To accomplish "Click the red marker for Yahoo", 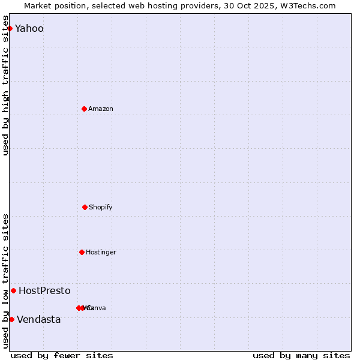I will coord(10,28).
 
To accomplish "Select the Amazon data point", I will coord(84,109).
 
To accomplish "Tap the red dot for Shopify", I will coord(85,207).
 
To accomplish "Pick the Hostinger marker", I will coord(82,252).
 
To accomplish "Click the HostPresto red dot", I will coord(13,290).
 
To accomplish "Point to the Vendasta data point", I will coord(11,319).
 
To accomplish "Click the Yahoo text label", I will coord(29,29).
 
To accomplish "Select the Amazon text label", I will coord(100,109).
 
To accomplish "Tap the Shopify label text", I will coord(100,207).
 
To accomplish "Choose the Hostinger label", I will coord(101,252).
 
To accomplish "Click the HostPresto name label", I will coord(44,291).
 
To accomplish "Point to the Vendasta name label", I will coord(38,320).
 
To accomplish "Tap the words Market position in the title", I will coord(52,6).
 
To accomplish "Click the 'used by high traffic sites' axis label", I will coord(6,90).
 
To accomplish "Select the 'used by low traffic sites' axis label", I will coord(6,281).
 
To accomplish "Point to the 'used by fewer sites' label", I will coord(62,355).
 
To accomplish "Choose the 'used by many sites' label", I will coord(301,355).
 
